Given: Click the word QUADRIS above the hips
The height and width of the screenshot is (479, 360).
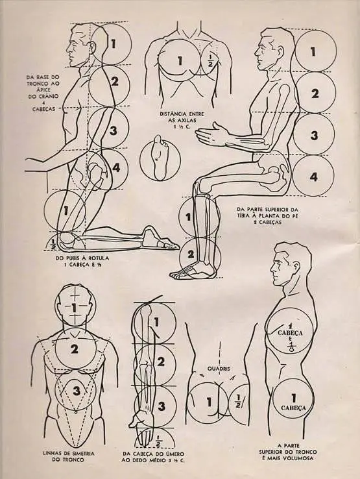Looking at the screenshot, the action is click(219, 369).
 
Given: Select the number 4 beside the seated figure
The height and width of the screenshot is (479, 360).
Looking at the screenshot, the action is click(313, 177).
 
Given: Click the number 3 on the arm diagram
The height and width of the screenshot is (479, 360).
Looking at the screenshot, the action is click(162, 406).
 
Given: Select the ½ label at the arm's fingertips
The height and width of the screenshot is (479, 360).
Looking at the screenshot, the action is click(158, 441).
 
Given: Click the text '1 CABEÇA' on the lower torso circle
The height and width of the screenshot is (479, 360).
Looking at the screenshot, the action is click(293, 402).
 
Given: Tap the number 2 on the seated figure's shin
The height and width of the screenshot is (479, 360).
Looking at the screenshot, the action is click(191, 254).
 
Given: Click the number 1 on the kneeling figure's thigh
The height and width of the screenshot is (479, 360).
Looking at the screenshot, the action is click(66, 210).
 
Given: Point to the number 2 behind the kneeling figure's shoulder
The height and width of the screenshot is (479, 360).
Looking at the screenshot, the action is click(115, 81).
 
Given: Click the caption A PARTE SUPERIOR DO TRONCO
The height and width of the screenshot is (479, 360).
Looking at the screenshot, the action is click(287, 452).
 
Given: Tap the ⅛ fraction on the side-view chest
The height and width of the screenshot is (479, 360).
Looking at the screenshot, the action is click(292, 347).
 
